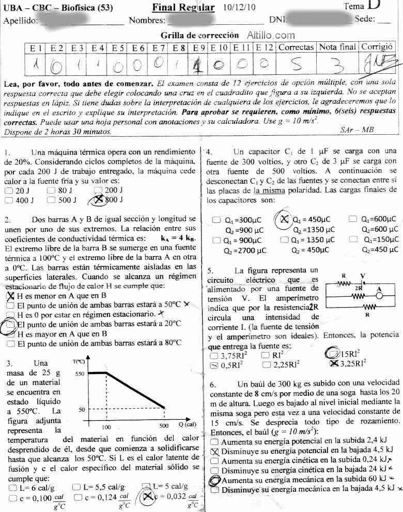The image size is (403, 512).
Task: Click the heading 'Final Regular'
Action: (183, 7)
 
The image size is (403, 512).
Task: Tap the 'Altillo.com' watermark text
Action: (271, 36)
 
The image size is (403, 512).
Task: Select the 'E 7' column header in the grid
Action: (158, 47)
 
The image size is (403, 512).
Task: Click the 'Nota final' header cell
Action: (337, 47)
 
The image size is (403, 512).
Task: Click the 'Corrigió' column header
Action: (377, 46)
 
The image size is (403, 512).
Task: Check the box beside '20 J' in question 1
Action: (8, 191)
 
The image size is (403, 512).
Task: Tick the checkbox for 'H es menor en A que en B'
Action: (10, 296)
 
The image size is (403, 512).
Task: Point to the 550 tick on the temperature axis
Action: (78, 373)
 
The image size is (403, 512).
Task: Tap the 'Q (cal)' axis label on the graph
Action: (188, 425)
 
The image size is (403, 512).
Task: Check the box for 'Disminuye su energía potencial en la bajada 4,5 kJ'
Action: (215, 451)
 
